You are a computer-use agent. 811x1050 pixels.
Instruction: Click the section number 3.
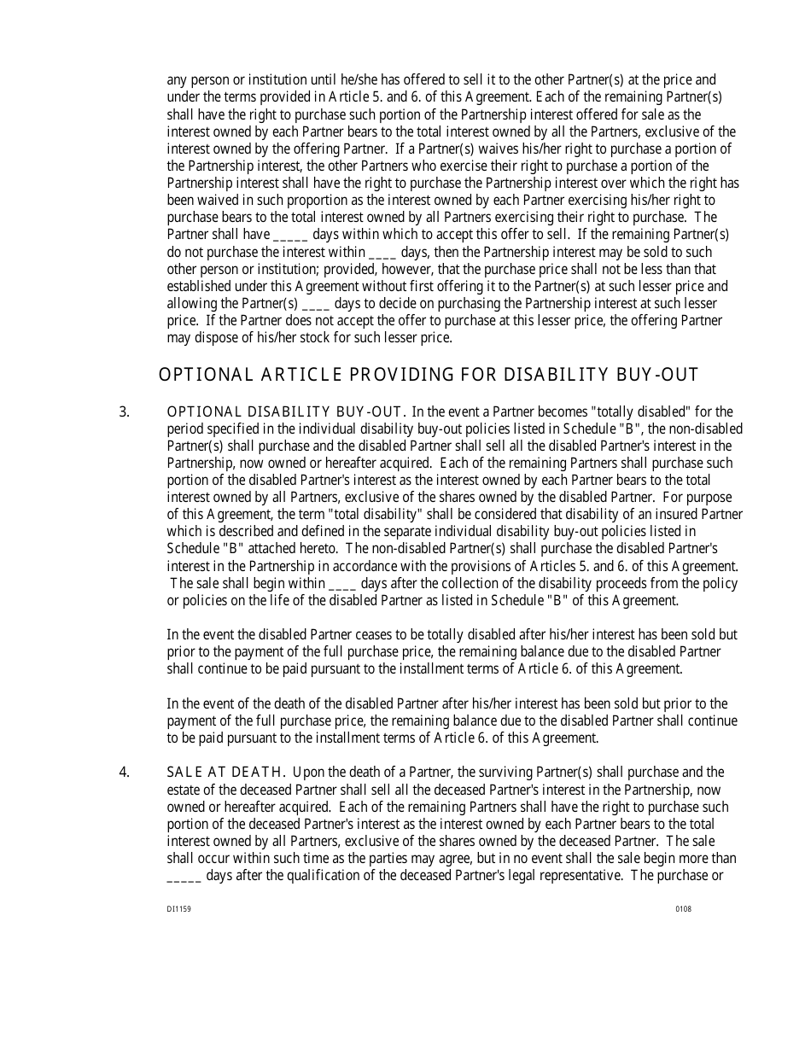[125, 411]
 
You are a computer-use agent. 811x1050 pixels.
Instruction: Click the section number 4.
[125, 773]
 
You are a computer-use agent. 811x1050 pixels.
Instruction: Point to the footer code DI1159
[178, 909]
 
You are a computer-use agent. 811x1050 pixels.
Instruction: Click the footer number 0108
[684, 909]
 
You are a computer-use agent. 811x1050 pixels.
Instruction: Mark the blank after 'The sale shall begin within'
[342, 585]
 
